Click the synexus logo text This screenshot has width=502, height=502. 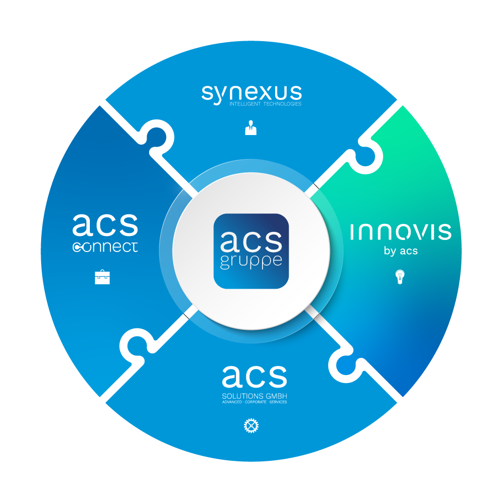pos(252,93)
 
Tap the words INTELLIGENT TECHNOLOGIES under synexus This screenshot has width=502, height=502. pos(265,104)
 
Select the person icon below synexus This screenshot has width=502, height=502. pos(250,129)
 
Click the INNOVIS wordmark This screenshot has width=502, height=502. pos(400,232)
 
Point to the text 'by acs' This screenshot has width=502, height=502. pos(401,250)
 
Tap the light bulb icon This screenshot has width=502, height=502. pos(400,277)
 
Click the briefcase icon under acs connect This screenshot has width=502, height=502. pos(102,277)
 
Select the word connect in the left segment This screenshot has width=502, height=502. pos(105,247)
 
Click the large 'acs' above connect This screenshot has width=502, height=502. pos(105,225)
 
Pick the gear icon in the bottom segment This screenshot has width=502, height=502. pos(250,426)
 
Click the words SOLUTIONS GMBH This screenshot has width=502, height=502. pos(255,396)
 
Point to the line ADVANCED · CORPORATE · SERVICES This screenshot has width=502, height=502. pos(255,402)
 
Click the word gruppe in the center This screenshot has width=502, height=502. pos(251,262)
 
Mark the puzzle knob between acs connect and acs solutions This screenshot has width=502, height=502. pos(138,346)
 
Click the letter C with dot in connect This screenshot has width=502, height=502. pos(79,247)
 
